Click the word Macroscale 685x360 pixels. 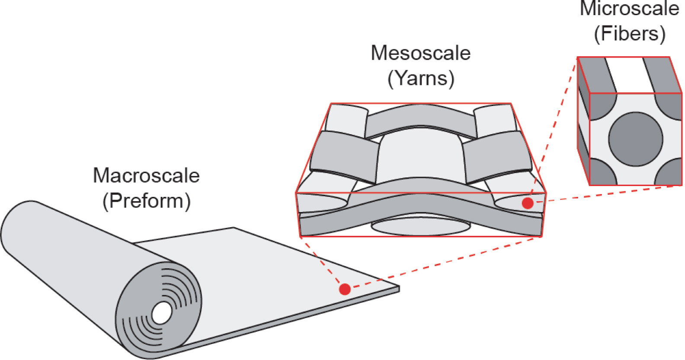[x=146, y=176]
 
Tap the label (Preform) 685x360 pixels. [x=146, y=201]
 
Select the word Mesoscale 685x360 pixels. [x=420, y=53]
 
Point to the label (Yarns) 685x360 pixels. [x=420, y=78]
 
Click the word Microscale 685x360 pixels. [x=629, y=9]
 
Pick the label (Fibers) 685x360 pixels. [x=629, y=34]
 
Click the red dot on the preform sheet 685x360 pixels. [x=345, y=289]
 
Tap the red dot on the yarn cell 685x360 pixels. [x=527, y=203]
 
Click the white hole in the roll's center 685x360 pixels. [x=162, y=313]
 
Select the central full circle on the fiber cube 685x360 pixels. [x=635, y=139]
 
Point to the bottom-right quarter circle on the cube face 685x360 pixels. [x=670, y=174]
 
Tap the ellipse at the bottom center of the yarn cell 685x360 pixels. [x=420, y=226]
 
